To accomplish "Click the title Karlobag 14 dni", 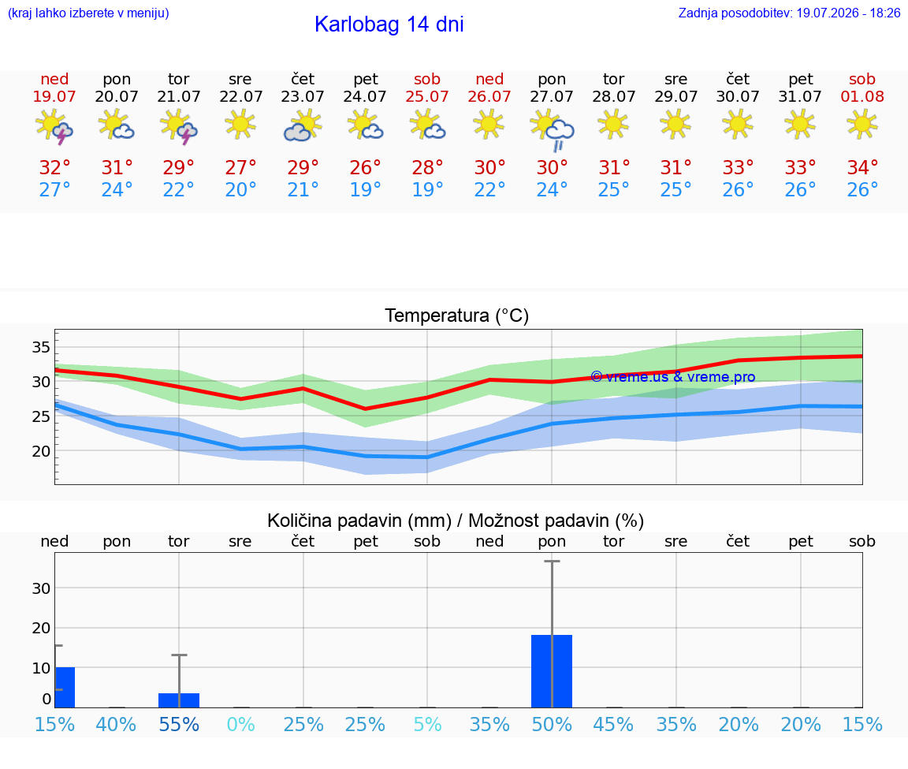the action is (x=389, y=24).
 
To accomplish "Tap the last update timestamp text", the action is (x=789, y=13).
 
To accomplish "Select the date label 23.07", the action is (x=303, y=96).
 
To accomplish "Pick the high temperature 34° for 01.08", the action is (x=862, y=167).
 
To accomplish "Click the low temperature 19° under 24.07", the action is (x=365, y=189).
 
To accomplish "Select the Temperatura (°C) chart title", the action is (x=457, y=315).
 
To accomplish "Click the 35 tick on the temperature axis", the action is (x=41, y=347).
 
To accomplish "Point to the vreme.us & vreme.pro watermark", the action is (x=673, y=377).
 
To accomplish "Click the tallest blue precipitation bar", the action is (x=552, y=671).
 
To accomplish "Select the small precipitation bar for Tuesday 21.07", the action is (x=179, y=700).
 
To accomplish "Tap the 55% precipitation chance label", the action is (x=179, y=724).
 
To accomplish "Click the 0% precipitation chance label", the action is (x=241, y=724).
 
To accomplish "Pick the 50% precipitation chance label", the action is (x=552, y=724).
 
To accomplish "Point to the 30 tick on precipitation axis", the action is (x=41, y=588).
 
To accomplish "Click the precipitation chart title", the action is (x=456, y=521).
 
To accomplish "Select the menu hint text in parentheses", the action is (x=88, y=13).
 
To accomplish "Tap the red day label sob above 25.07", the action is (x=426, y=79).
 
